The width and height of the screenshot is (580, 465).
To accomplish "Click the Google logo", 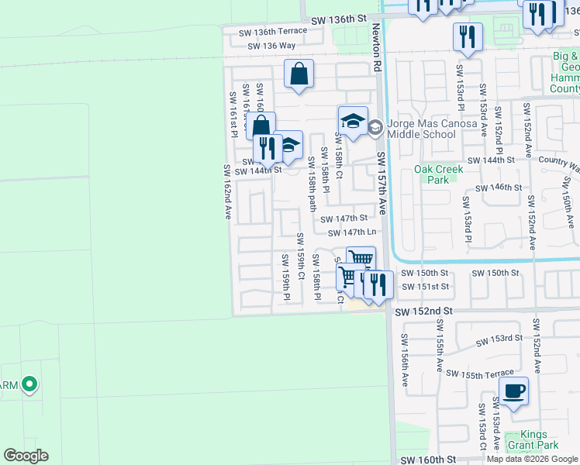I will (x=26, y=456).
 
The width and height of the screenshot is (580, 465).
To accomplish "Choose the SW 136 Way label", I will (x=271, y=46).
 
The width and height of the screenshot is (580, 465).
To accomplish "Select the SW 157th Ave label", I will (x=381, y=183).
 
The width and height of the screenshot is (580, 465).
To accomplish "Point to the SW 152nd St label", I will (x=423, y=312).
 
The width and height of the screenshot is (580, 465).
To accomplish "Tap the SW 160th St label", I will (x=428, y=460).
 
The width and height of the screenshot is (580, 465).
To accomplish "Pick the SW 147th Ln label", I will (x=352, y=232).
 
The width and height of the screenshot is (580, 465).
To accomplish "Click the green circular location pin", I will (x=29, y=384).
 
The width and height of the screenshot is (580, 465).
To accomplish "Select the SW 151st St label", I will (x=423, y=286).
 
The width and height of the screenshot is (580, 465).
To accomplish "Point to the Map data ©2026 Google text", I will (x=532, y=459).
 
